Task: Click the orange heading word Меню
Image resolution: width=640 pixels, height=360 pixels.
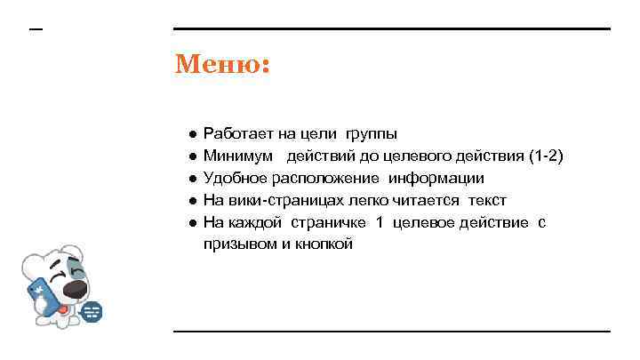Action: tap(222, 65)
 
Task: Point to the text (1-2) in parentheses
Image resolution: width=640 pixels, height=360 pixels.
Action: tap(546, 156)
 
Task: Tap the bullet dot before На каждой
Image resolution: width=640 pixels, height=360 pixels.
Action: tap(192, 222)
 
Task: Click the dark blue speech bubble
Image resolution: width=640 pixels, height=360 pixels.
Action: tap(92, 311)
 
